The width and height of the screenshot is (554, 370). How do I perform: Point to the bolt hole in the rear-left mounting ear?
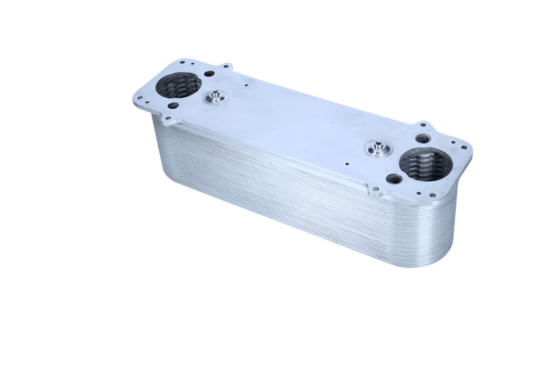point(226,67)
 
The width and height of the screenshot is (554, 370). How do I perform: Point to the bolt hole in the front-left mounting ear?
point(168,118)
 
